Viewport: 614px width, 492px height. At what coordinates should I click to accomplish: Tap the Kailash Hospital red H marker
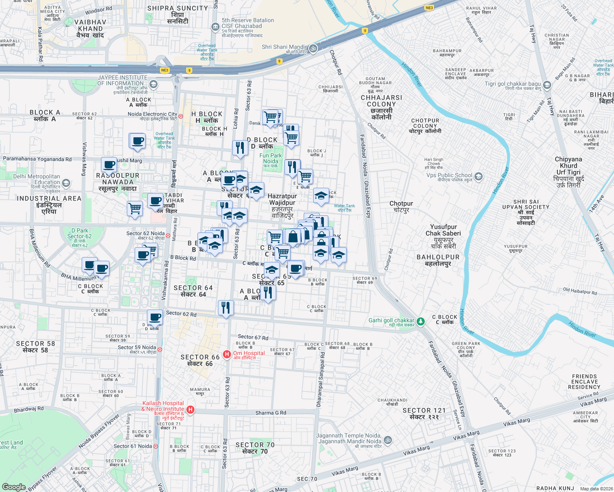tap(190, 409)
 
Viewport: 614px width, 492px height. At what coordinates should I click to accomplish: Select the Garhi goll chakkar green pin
tap(420, 322)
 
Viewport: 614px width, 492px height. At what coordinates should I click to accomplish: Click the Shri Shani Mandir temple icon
tap(313, 48)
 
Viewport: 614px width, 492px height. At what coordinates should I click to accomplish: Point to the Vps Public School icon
tap(478, 177)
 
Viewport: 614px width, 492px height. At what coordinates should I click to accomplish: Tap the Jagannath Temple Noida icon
tap(388, 440)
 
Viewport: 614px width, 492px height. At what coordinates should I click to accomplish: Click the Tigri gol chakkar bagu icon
tap(547, 85)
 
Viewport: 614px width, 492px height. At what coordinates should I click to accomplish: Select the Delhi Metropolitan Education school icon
tap(66, 183)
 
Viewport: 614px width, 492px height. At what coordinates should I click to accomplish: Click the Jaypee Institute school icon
tap(153, 84)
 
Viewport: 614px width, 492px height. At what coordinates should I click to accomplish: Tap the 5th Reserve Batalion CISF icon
tap(215, 27)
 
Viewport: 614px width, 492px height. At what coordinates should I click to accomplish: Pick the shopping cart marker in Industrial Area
tap(135, 209)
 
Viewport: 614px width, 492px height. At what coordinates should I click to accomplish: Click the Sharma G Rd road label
tap(270, 413)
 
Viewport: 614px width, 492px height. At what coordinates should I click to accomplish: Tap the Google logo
tap(14, 487)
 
